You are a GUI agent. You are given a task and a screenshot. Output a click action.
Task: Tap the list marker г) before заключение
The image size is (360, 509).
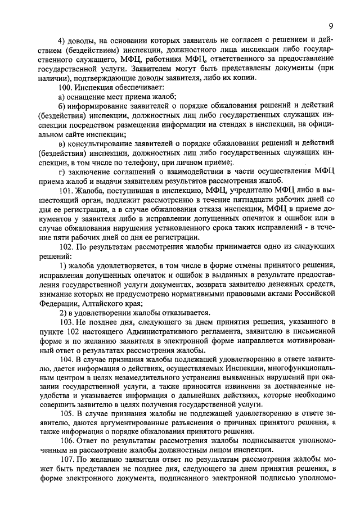pos(62,170)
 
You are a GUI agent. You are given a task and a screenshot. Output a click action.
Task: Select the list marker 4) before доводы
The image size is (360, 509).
pos(63,41)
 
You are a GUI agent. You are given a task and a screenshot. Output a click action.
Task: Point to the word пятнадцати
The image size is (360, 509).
pos(237,201)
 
